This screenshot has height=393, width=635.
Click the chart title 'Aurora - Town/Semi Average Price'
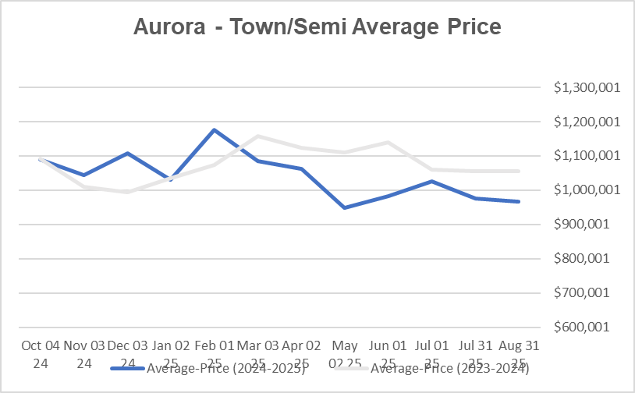(x=317, y=27)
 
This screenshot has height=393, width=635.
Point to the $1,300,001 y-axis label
(x=587, y=88)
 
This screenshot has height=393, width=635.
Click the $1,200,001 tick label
(x=587, y=122)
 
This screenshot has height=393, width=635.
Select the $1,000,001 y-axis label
(x=587, y=190)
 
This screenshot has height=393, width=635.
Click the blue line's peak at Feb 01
(x=214, y=129)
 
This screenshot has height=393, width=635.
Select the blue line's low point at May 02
(x=345, y=207)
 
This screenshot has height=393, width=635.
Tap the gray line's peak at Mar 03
(x=257, y=136)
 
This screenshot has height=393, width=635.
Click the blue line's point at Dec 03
(x=127, y=153)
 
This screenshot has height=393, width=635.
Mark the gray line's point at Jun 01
(x=388, y=142)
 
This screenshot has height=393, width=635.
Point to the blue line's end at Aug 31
(x=519, y=202)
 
